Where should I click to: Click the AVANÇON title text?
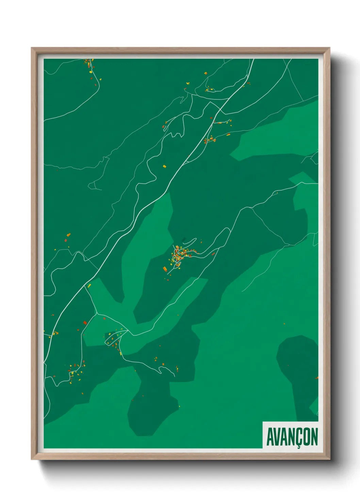[292, 437]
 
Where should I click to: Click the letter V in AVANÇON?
[278, 437]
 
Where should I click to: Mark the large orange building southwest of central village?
[165, 269]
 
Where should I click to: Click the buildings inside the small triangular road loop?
[114, 339]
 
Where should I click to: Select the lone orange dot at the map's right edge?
[317, 378]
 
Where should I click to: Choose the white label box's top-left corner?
[263, 422]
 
